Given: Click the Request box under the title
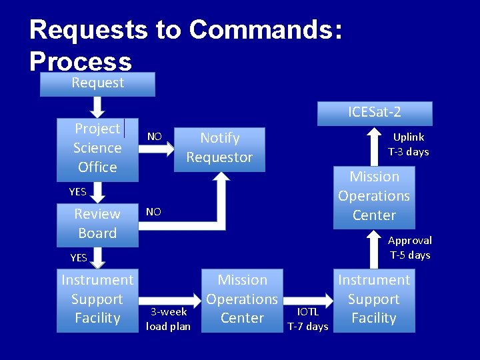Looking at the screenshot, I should coord(97,83).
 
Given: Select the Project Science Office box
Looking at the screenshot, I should coord(97,148).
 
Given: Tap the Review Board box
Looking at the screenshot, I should coord(97,223).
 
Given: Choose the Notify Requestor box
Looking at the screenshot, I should coord(219,148).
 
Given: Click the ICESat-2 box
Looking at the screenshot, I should coord(374,113).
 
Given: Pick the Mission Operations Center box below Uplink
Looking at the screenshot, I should coord(374,196).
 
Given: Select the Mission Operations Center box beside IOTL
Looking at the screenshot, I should coord(242,299).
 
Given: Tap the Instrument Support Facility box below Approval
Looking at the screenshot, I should coord(373,299).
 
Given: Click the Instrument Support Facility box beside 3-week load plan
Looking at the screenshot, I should coord(97,299).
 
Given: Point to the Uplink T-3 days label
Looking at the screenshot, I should coord(408,144).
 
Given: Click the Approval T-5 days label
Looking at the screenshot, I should coord(409,247).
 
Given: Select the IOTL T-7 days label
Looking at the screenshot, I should coord(307,319).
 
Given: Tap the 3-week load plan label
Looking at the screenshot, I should coord(168,319).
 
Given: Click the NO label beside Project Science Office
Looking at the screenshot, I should coord(154,137).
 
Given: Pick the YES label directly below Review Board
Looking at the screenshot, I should coord(79,257).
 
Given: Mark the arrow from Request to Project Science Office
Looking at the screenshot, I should coord(97,107).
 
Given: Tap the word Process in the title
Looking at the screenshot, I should coord(80,61).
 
